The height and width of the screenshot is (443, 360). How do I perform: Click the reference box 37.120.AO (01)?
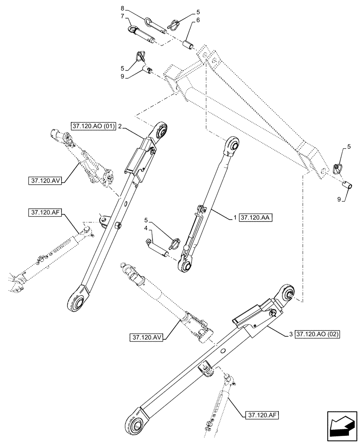click(93, 126)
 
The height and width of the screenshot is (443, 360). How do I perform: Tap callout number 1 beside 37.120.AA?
click(235, 218)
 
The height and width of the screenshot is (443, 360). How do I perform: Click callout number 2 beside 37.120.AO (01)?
click(119, 126)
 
